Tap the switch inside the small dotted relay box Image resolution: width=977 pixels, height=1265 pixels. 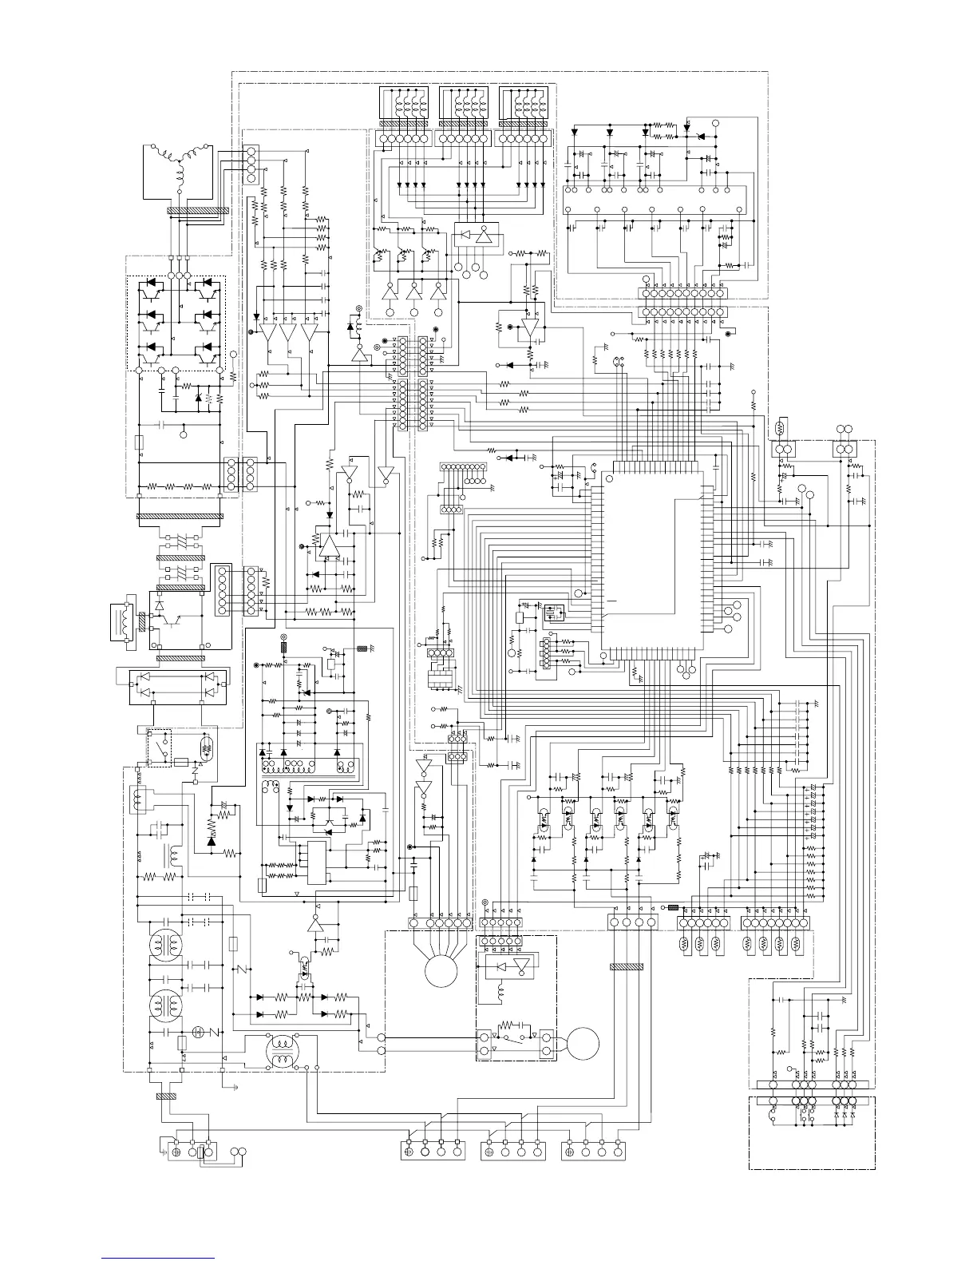point(164,746)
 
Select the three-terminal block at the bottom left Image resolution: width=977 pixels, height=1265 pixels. point(192,1152)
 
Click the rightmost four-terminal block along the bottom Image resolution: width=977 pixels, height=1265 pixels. point(594,1151)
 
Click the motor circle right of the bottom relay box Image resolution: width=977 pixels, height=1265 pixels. point(582,1042)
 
